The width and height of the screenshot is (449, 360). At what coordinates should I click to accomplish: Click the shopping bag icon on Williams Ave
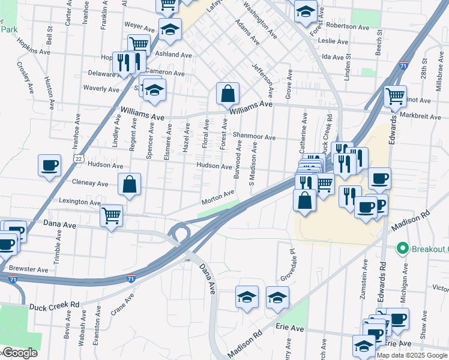tap(228, 94)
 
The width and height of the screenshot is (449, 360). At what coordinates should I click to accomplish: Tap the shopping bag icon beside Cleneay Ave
tap(130, 185)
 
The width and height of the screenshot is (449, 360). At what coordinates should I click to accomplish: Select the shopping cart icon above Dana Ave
tap(111, 215)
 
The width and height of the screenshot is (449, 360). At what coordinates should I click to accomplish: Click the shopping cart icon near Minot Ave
tap(395, 95)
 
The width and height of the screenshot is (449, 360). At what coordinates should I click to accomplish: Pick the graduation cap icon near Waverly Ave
tap(155, 90)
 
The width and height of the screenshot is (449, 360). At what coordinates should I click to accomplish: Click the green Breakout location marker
tap(402, 248)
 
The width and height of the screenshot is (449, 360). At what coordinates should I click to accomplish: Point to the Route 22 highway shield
tap(78, 158)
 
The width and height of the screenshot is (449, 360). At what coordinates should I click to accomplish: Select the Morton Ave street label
tap(218, 197)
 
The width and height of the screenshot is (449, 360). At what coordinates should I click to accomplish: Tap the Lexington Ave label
tap(80, 202)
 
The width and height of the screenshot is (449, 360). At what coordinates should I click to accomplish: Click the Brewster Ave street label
tap(28, 270)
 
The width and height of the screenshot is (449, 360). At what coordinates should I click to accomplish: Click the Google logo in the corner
tap(20, 353)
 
